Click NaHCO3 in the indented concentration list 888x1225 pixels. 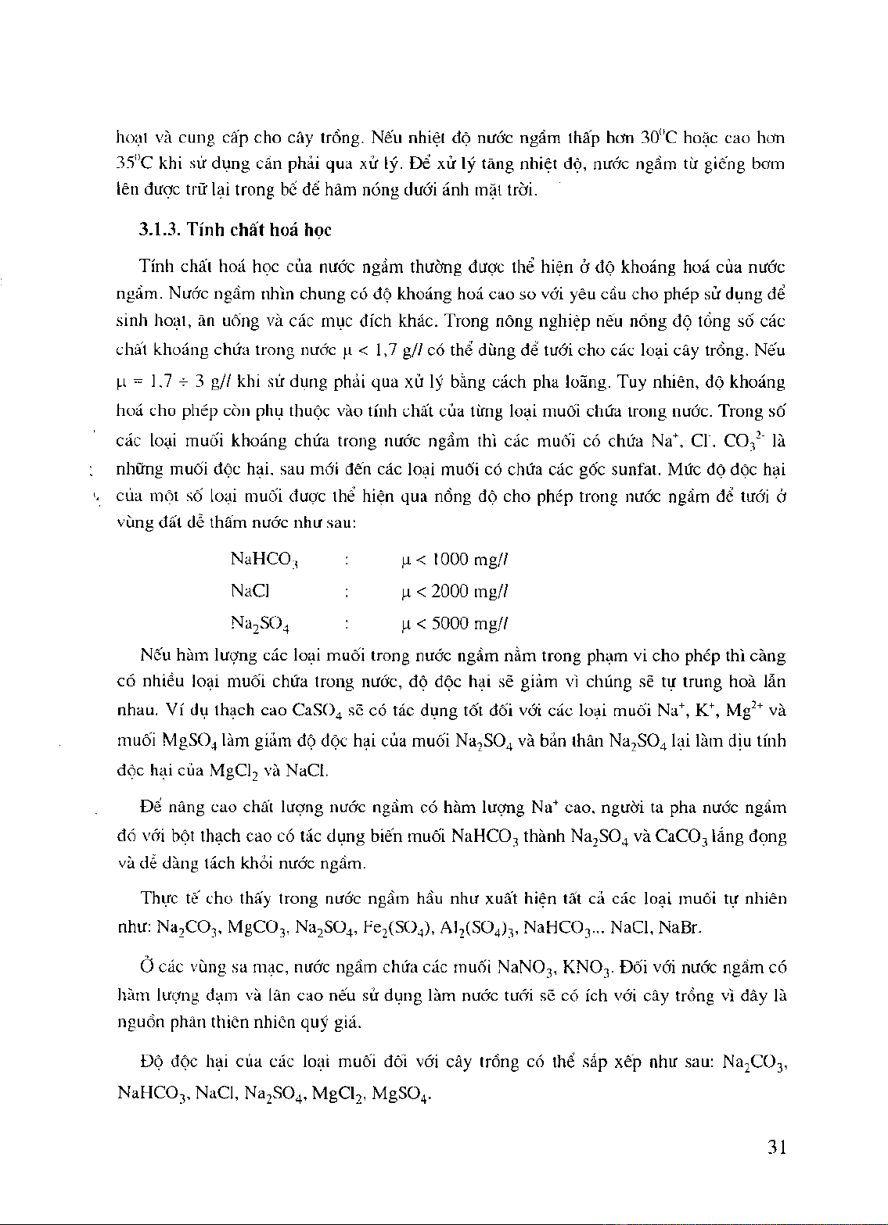(265, 560)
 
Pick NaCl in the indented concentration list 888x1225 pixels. (250, 592)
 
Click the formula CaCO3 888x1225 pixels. (683, 837)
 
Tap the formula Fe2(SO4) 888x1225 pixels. (395, 928)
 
